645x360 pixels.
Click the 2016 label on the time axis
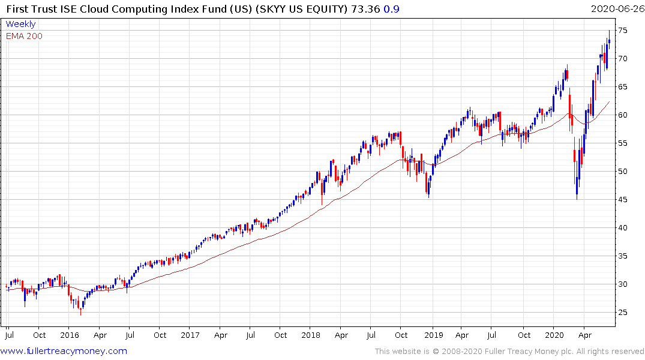(70, 335)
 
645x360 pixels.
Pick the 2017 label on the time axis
(190, 335)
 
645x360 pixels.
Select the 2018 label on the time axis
(311, 335)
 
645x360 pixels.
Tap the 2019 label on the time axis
(433, 335)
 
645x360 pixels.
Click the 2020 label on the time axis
(554, 335)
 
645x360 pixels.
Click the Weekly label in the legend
(20, 24)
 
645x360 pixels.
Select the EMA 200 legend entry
(24, 36)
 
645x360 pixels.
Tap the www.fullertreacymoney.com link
(64, 351)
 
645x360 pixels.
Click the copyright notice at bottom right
(509, 352)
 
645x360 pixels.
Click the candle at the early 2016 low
(80, 309)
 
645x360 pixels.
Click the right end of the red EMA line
(609, 102)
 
